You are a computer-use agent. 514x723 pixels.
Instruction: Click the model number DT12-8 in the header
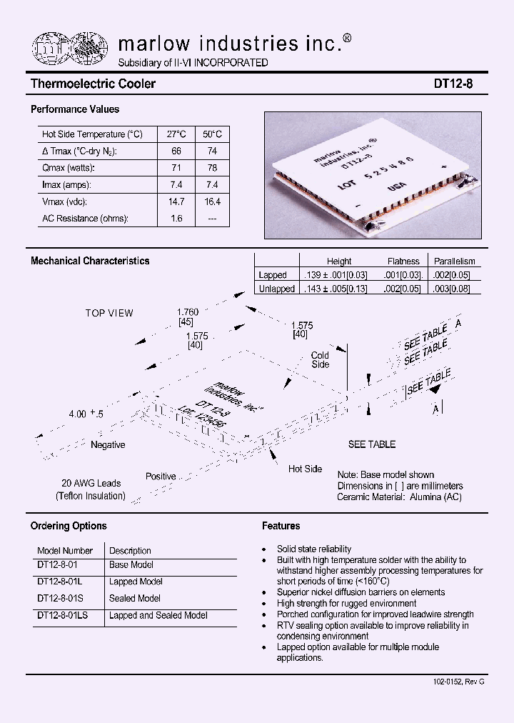coord(453,84)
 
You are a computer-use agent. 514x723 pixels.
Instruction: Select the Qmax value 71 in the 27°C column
coord(176,168)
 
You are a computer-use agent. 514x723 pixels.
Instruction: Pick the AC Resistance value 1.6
coord(176,219)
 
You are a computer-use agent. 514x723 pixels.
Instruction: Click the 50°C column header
coord(212,134)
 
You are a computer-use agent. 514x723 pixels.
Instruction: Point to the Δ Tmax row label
coord(79,151)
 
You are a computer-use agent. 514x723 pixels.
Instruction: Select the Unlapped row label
coord(276,289)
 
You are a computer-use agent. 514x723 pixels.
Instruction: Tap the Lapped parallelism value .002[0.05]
coord(454,275)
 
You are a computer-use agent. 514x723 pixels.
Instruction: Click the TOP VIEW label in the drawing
coord(109,313)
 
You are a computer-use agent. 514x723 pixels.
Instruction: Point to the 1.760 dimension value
coord(187,312)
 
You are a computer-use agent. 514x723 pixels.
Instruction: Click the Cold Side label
coord(321,360)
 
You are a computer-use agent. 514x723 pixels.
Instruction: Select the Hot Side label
coord(305,469)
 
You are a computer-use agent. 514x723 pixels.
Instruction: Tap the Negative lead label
coord(108,445)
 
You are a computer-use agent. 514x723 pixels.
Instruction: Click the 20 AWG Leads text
coord(91,483)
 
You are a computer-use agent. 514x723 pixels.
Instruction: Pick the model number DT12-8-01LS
coord(62,615)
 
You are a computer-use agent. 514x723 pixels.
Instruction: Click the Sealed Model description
coord(135,599)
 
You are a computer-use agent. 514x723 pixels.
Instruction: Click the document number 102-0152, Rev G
coord(458,682)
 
